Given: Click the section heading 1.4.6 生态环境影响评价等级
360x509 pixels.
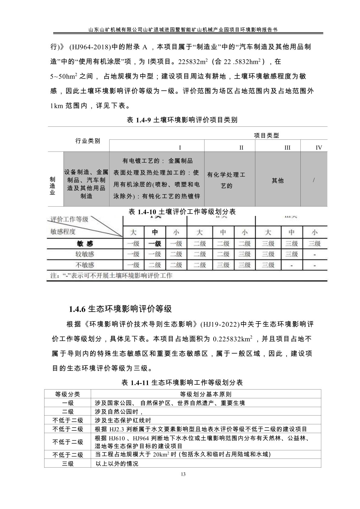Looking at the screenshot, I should (x=120, y=309).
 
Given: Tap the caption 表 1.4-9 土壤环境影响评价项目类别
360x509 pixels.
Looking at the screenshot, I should (x=182, y=120).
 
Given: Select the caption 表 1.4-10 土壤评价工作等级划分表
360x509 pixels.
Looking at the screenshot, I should (x=182, y=211).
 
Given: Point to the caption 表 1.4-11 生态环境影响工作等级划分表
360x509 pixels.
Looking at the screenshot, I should (x=182, y=383).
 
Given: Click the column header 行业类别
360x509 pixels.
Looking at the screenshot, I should (x=87, y=141).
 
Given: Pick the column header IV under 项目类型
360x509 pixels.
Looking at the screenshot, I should (x=319, y=148).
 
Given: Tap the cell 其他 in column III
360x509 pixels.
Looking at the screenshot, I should (x=277, y=181).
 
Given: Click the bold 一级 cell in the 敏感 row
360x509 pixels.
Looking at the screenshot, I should (x=155, y=244).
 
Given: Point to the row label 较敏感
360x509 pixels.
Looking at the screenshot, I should (x=85, y=254).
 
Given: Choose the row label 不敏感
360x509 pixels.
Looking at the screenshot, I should (x=85, y=265).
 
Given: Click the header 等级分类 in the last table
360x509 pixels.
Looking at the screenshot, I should (x=67, y=394).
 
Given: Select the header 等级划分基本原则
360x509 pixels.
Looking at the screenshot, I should (x=206, y=394).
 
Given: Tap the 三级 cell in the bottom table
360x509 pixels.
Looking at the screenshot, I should (x=67, y=463).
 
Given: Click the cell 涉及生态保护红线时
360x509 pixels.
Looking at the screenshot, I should (x=123, y=420).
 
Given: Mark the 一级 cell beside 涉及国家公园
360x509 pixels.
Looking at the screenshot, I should (x=67, y=403).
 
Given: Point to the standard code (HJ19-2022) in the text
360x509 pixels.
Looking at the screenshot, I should (x=220, y=324).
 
